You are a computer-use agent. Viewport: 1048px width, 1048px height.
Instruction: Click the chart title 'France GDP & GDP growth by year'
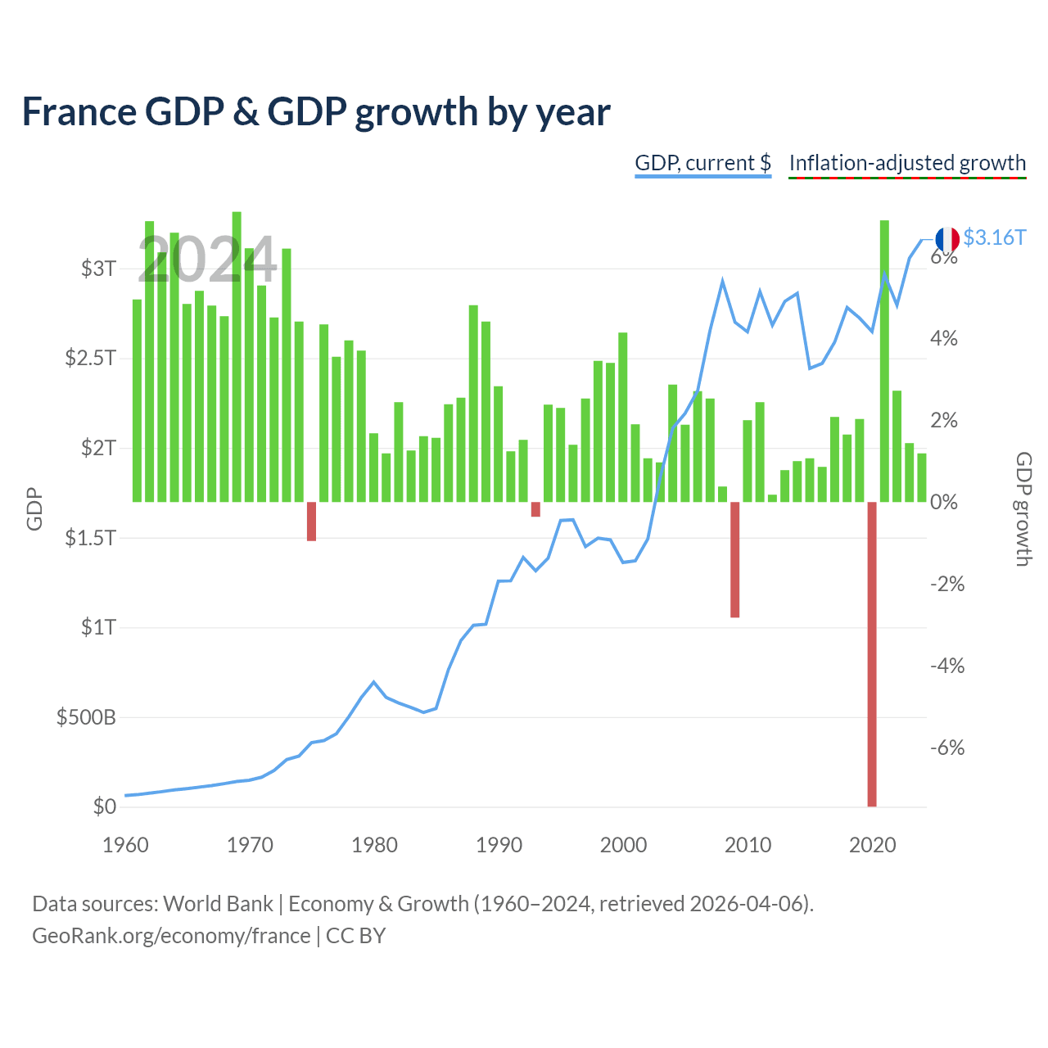point(316,112)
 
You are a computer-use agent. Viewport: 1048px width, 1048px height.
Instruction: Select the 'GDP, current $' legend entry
point(702,163)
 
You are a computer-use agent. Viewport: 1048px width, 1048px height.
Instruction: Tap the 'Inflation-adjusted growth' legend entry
point(907,163)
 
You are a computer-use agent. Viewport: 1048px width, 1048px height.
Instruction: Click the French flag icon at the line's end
point(946,239)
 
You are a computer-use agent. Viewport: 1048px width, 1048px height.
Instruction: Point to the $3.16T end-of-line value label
point(994,237)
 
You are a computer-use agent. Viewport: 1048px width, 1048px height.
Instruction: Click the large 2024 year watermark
point(207,260)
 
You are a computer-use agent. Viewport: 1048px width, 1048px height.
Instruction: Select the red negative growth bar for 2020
point(872,653)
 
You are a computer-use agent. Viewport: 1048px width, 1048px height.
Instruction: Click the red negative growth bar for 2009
point(734,559)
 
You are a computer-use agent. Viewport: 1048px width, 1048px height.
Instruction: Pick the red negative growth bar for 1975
point(312,521)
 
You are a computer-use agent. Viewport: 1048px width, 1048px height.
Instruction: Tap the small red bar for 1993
point(535,509)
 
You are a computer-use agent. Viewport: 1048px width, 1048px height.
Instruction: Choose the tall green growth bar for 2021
point(884,361)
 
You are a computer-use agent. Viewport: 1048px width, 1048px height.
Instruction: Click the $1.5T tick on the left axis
point(90,538)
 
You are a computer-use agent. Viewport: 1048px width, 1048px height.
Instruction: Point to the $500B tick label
point(86,717)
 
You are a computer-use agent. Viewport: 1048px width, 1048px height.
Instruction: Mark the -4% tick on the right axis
point(947,666)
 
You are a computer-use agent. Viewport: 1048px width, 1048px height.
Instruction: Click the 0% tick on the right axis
point(944,502)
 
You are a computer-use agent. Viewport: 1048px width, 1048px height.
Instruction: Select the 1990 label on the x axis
point(499,845)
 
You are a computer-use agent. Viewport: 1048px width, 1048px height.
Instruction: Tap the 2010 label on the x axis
point(748,845)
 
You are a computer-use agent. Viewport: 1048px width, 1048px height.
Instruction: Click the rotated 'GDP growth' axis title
point(1023,509)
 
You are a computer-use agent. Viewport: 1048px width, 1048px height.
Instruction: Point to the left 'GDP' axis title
point(34,508)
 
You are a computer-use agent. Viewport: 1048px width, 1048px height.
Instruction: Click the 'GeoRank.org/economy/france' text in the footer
point(171,936)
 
